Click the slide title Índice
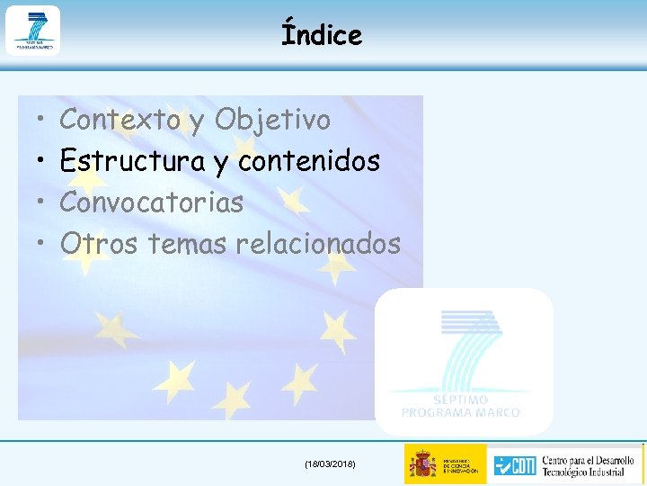pos(321,34)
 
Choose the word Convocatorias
pos(151,202)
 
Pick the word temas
pos(187,243)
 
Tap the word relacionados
pos(318,243)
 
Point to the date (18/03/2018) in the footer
pos(330,463)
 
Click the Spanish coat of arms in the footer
pos(422,464)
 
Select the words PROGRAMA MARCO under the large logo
pos(460,412)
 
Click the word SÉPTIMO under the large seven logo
pos(460,400)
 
